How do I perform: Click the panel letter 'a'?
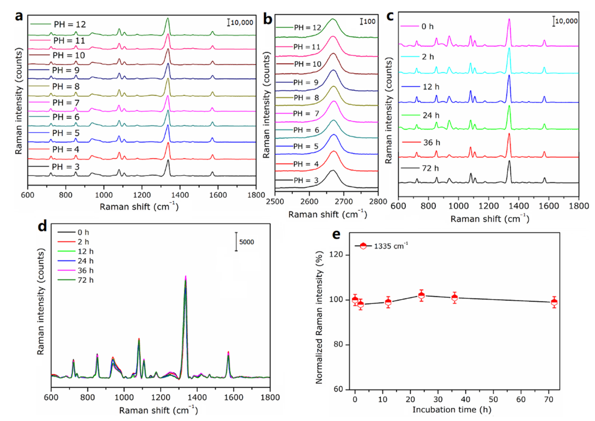pos(19,16)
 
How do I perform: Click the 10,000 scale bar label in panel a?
pos(242,23)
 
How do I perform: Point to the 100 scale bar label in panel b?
pos(369,21)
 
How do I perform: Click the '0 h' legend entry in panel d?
pos(83,232)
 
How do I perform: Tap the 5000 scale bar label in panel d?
pos(246,242)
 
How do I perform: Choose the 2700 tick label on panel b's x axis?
pos(344,201)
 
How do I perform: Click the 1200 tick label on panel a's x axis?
pos(142,195)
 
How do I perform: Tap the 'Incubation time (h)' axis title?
pos(452,410)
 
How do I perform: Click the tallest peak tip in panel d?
pos(186,276)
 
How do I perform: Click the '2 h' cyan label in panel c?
pos(428,57)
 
